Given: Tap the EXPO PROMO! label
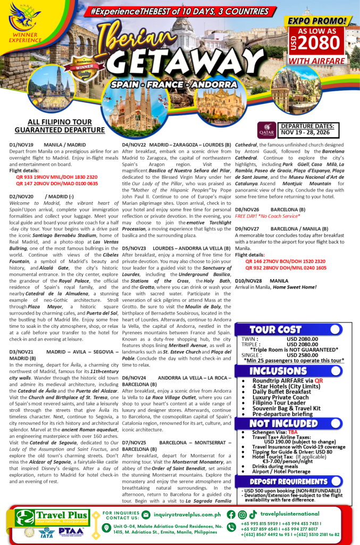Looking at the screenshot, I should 317,21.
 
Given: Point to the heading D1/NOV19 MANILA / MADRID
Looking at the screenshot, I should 47,145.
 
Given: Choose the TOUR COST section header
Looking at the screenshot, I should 275,329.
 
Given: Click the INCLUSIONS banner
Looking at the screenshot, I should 278,371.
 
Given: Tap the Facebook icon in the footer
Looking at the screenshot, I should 231,515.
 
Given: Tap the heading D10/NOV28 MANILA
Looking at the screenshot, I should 262,280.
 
